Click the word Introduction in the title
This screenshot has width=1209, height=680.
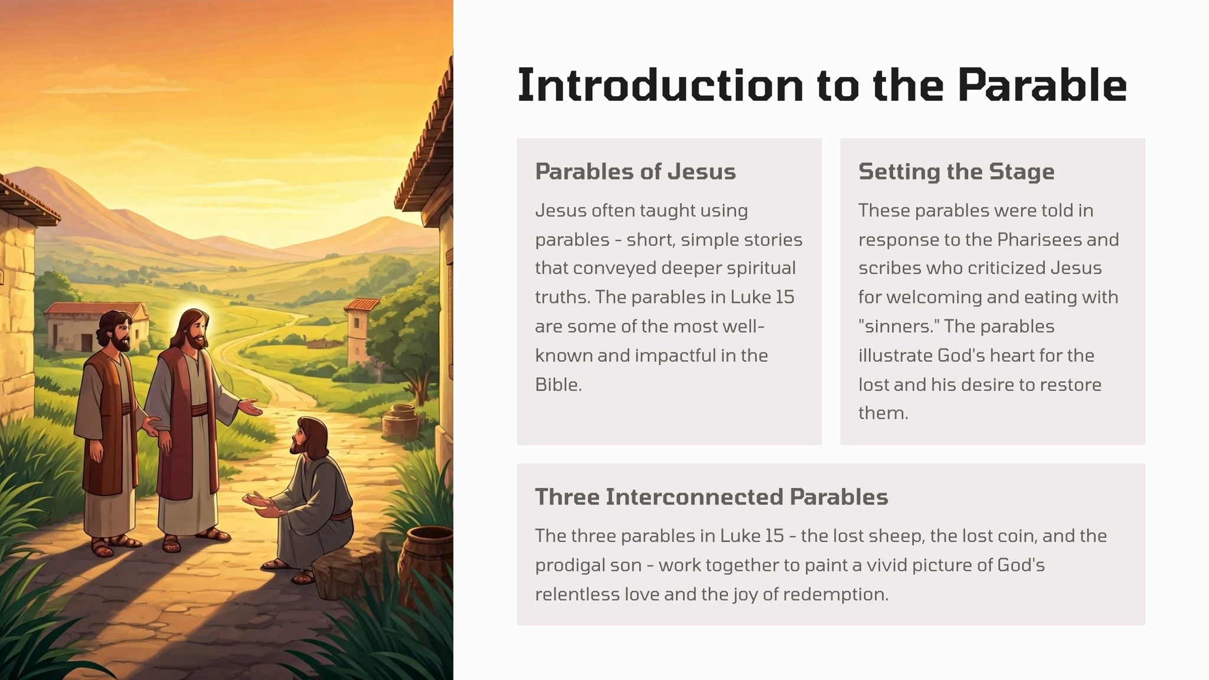pos(660,85)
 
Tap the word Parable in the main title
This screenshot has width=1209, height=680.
pos(1043,85)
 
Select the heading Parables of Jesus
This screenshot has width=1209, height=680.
pos(635,172)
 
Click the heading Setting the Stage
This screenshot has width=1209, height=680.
pos(956,172)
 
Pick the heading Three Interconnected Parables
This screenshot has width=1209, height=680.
pos(711,497)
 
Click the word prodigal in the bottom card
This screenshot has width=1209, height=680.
pos(570,565)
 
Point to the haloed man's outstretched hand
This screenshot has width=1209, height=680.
pos(250,407)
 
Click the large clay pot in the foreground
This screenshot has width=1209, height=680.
pos(427,561)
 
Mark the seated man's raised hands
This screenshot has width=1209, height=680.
pos(262,504)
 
